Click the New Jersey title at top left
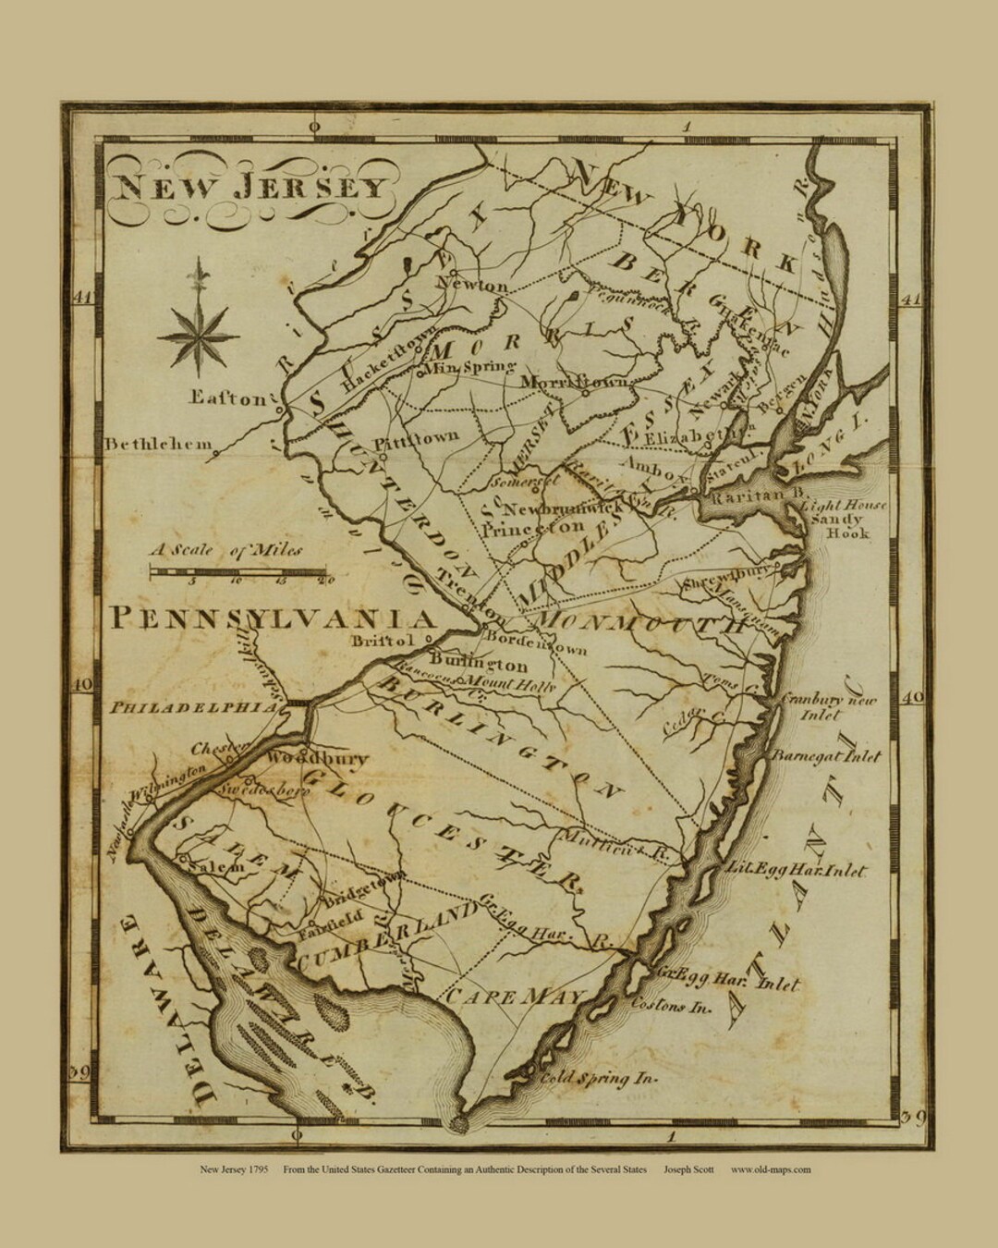249,188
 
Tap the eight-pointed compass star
198,337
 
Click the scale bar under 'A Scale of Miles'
240,572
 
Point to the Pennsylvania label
273,618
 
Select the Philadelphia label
193,707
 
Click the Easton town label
227,398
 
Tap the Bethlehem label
157,445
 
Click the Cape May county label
516,997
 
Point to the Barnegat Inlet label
826,756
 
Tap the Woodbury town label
317,758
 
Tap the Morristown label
575,382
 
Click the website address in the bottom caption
771,1168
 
